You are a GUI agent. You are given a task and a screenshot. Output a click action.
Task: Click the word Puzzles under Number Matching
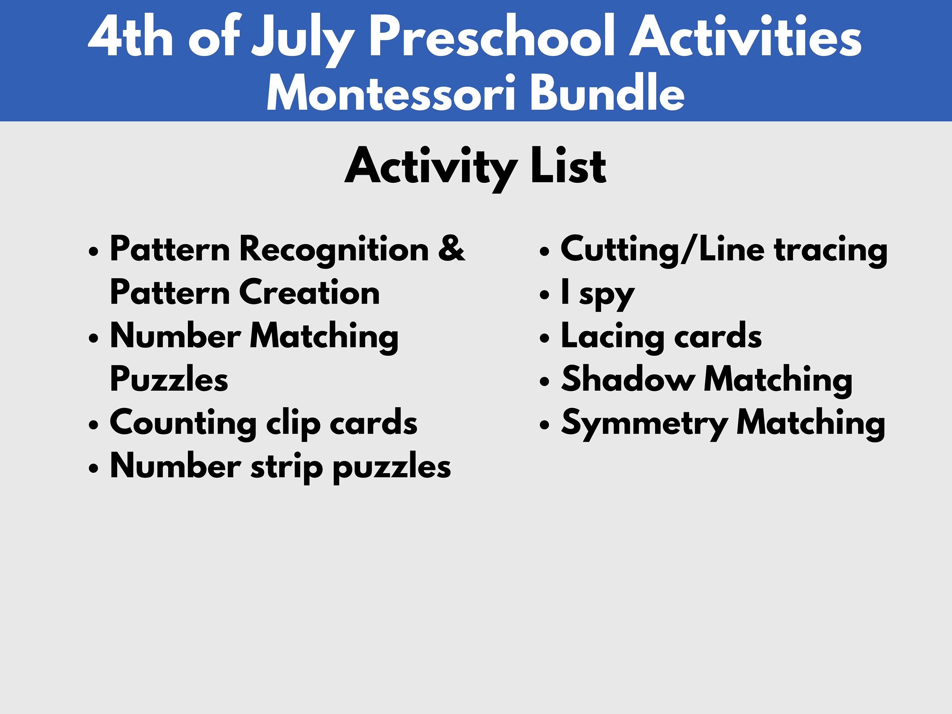click(169, 379)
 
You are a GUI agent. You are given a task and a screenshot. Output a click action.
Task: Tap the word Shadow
click(628, 379)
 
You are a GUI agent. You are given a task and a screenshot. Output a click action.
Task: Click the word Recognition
click(334, 249)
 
